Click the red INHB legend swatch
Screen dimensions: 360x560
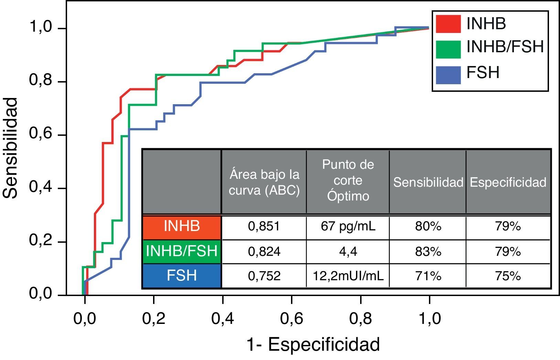click(x=448, y=24)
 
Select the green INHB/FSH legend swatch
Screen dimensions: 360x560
click(x=448, y=49)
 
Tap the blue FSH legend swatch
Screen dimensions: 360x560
click(x=448, y=75)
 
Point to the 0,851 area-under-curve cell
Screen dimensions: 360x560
click(x=264, y=227)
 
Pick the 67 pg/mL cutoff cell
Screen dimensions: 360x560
click(x=348, y=227)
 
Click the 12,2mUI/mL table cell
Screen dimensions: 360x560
click(x=348, y=276)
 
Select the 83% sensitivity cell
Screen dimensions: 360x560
click(x=428, y=252)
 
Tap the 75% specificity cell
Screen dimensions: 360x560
click(x=508, y=276)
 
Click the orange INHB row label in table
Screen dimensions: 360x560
click(x=182, y=227)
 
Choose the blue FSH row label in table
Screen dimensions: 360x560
click(x=182, y=276)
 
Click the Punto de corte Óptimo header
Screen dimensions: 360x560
click(x=348, y=181)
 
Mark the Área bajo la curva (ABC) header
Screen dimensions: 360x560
click(x=264, y=182)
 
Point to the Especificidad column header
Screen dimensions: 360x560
click(x=508, y=182)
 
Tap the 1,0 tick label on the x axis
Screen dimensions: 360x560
click(x=430, y=319)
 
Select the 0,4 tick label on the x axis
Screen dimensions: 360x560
click(x=223, y=319)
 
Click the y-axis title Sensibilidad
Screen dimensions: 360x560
click(x=10, y=148)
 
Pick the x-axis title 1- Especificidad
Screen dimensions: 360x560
click(x=313, y=345)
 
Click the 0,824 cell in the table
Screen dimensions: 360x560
click(x=264, y=252)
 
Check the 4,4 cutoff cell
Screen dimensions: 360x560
click(x=348, y=252)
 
